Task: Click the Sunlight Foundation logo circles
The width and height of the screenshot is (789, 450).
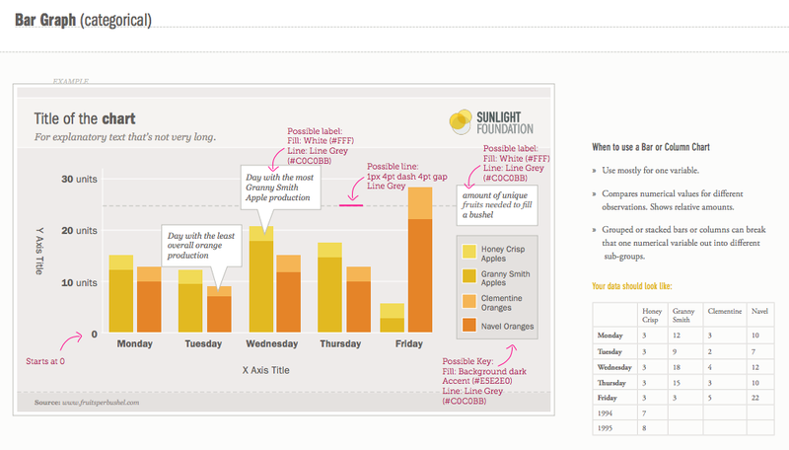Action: click(x=464, y=121)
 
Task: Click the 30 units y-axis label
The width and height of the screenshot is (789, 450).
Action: click(x=80, y=180)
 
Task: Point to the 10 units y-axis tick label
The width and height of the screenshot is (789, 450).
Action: click(x=80, y=282)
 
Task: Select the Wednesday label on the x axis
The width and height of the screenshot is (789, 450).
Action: click(x=271, y=345)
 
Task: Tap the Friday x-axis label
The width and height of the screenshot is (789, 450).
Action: click(x=408, y=345)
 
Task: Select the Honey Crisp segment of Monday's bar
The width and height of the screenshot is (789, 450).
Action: click(x=121, y=262)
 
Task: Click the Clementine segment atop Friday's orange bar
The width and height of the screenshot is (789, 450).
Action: click(x=420, y=202)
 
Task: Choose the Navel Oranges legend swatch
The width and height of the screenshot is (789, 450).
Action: click(x=469, y=325)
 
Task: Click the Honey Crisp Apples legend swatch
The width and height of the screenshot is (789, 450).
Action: click(x=469, y=253)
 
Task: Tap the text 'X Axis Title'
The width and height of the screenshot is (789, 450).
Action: click(x=266, y=369)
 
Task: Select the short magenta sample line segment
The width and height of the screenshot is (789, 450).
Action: click(x=350, y=204)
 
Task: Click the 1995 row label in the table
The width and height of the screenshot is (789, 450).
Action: click(x=607, y=428)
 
